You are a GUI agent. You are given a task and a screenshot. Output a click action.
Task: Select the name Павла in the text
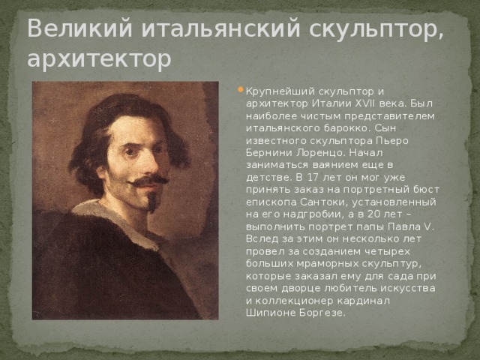point(400,226)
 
